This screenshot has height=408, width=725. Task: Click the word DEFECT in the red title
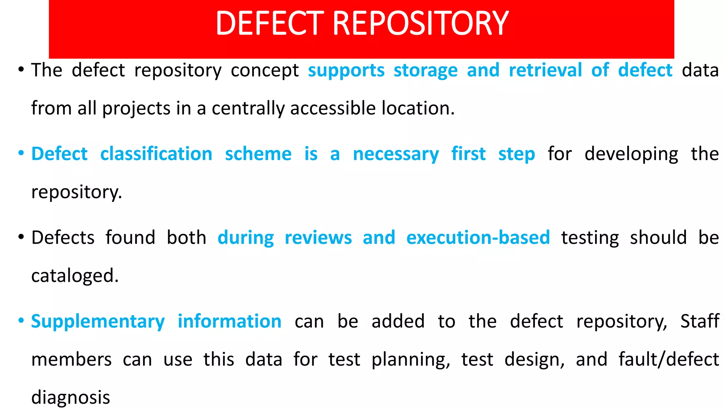[270, 23]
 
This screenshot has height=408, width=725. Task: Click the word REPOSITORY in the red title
[421, 23]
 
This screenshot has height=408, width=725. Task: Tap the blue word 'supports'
[346, 70]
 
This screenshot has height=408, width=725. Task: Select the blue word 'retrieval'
[545, 70]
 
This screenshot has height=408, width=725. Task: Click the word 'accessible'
[333, 108]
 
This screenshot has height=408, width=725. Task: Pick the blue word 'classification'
[156, 154]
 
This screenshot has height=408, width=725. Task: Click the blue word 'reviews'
[318, 238]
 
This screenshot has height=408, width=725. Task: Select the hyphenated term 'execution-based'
[478, 238]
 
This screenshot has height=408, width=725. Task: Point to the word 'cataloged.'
[75, 276]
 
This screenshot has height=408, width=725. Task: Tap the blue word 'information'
[229, 321]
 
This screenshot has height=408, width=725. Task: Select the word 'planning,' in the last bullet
[411, 360]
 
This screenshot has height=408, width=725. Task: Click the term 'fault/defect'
[668, 359]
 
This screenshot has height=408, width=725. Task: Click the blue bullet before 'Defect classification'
[21, 154]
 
